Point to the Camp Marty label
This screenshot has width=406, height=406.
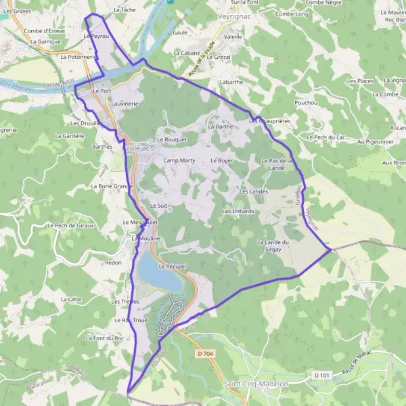pyautogui.click(x=179, y=160)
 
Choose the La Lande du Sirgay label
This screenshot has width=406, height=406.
pyautogui.click(x=273, y=246)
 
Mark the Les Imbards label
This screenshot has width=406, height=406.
pyautogui.click(x=238, y=211)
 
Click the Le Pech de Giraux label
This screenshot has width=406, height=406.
pyautogui.click(x=70, y=225)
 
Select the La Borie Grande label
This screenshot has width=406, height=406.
pyautogui.click(x=110, y=185)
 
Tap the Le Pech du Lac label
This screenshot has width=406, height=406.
pyautogui.click(x=326, y=137)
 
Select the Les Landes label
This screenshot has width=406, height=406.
pyautogui.click(x=254, y=192)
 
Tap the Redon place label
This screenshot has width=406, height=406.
pyautogui.click(x=113, y=262)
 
